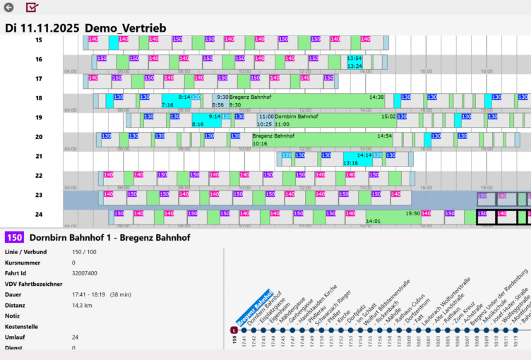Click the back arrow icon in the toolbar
pyautogui.click(x=8, y=8)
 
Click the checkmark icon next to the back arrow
pyautogui.click(x=32, y=8)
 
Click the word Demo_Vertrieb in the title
pyautogui.click(x=125, y=28)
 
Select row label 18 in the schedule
pyautogui.click(x=39, y=98)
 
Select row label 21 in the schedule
pyautogui.click(x=39, y=156)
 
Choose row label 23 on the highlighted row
pyautogui.click(x=39, y=195)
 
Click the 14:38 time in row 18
pyautogui.click(x=376, y=97)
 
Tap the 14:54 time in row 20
pyautogui.click(x=384, y=136)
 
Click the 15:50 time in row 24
pyautogui.click(x=412, y=213)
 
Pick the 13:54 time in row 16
pyautogui.click(x=354, y=59)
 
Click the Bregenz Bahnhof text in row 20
pyautogui.click(x=273, y=136)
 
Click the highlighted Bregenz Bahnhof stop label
pyautogui.click(x=255, y=308)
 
